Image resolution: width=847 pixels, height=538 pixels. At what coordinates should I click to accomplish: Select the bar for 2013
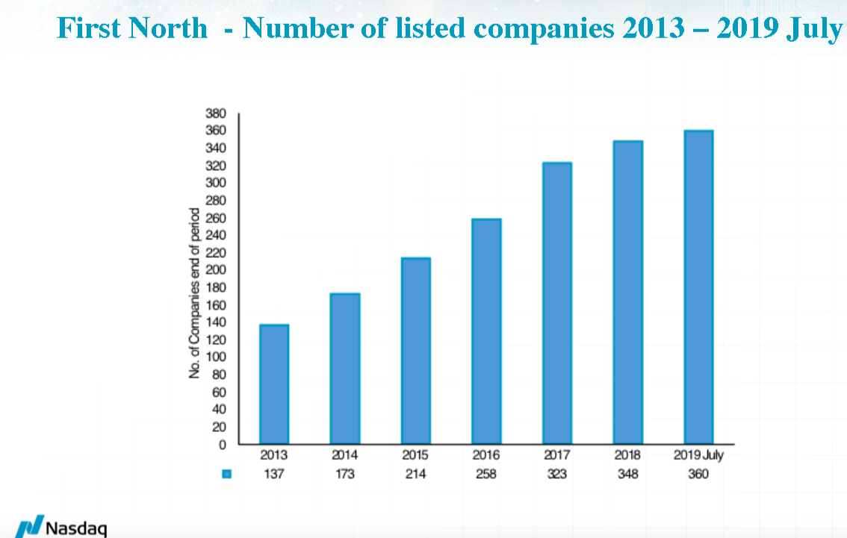(273, 384)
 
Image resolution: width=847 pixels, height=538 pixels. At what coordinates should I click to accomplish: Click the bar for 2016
(486, 331)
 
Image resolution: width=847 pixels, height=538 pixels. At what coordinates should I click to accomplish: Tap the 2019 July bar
(699, 287)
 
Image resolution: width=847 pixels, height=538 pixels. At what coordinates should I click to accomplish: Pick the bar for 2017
(557, 303)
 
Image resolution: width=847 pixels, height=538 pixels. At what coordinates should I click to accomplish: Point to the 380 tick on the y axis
(216, 113)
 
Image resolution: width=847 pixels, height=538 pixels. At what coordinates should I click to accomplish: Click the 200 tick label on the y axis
(216, 270)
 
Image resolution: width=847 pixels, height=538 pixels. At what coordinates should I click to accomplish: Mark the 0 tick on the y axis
(222, 445)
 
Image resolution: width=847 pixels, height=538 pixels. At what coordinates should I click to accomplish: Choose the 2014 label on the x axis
(344, 455)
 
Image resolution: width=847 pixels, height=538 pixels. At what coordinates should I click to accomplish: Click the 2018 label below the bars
(628, 455)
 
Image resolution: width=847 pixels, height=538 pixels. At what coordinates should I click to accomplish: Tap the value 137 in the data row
(273, 474)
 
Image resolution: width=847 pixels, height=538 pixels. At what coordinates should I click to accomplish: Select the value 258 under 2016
(486, 474)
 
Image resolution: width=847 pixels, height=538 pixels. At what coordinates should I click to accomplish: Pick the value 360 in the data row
(698, 474)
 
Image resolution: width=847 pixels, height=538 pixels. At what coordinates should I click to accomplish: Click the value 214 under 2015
(415, 474)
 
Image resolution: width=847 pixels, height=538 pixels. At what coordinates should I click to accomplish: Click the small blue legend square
(227, 474)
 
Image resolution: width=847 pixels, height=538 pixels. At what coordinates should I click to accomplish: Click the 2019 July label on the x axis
(699, 455)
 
